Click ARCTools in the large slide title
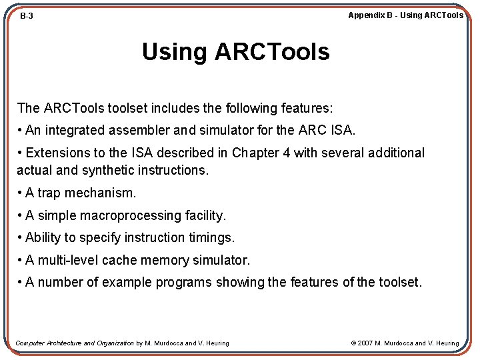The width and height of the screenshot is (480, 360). click(271, 52)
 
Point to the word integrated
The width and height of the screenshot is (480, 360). click(73, 130)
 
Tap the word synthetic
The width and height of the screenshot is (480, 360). click(111, 170)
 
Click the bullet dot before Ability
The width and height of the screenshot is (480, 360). click(20, 238)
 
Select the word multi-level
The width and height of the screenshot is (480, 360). click(68, 260)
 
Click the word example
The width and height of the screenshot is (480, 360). click(126, 283)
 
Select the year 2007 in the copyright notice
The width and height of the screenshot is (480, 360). click(365, 343)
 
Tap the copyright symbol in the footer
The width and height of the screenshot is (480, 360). click(353, 343)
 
